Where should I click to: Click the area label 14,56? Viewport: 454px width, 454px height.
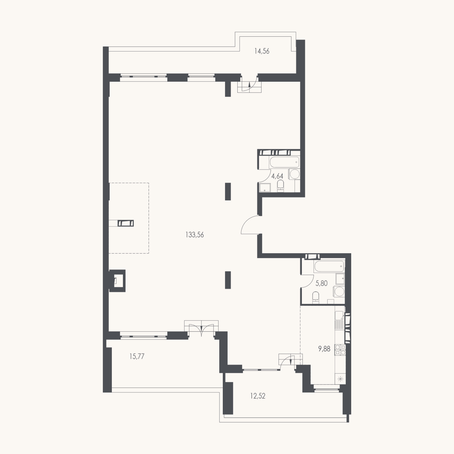point(262,51)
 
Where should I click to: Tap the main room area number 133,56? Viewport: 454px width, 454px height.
point(195,235)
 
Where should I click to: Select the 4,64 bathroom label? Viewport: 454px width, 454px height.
point(277,176)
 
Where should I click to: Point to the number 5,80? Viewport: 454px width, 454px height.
point(321,283)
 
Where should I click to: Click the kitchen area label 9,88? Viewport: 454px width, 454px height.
point(324,349)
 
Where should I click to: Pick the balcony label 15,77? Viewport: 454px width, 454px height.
point(137,356)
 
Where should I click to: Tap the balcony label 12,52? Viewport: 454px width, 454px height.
point(258,396)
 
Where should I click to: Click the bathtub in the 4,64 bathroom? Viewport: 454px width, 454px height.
point(284,162)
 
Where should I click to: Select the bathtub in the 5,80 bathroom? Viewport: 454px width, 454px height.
point(329,266)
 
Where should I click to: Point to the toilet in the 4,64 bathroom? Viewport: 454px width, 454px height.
point(281,186)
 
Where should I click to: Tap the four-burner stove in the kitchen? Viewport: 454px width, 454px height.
point(340,350)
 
